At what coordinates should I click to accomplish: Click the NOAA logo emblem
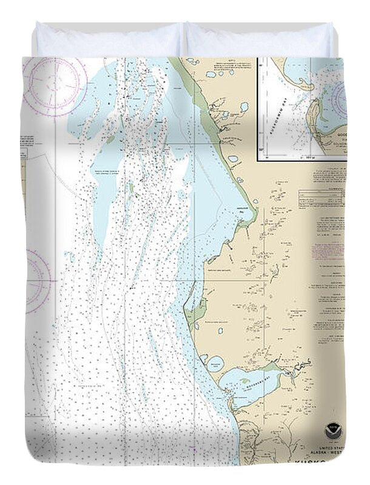pos(332,431)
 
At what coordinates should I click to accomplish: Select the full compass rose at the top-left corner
pos(55,85)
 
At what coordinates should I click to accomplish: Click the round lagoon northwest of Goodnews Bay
pos(215,365)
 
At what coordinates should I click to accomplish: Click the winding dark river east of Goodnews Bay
pos(294,370)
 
